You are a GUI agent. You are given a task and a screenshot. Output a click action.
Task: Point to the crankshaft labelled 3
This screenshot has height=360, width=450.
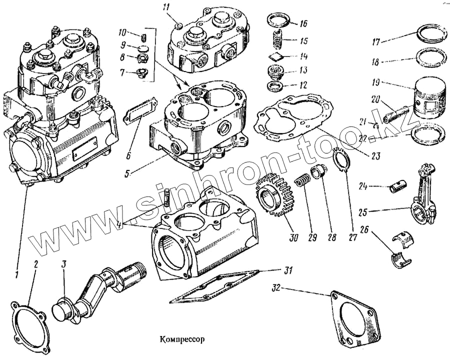pyautogui.click(x=100, y=292)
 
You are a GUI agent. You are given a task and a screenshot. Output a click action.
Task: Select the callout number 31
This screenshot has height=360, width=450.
pyautogui.click(x=287, y=270)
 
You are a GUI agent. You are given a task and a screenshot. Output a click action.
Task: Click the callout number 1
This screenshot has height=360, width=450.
pyautogui.click(x=17, y=274)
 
